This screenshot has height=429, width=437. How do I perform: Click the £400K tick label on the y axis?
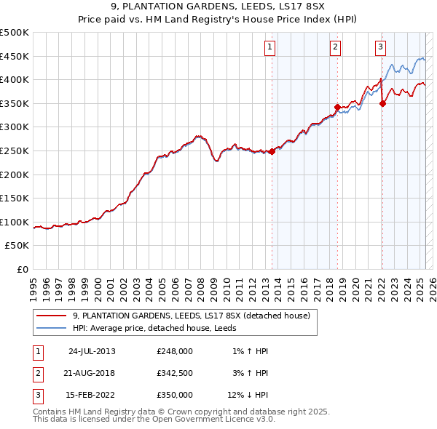(15, 79)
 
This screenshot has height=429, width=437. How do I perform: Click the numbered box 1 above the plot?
(269, 47)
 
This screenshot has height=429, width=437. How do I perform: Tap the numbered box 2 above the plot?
(335, 47)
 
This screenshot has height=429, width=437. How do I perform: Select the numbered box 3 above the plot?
(380, 47)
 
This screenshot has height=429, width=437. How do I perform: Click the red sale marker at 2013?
(272, 152)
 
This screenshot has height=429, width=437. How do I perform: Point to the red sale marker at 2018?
(337, 107)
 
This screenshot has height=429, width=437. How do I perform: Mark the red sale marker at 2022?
(382, 103)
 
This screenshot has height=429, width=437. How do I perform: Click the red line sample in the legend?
(52, 316)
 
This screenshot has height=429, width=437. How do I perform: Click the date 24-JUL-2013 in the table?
(92, 351)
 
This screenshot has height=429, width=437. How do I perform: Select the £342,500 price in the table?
(174, 373)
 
